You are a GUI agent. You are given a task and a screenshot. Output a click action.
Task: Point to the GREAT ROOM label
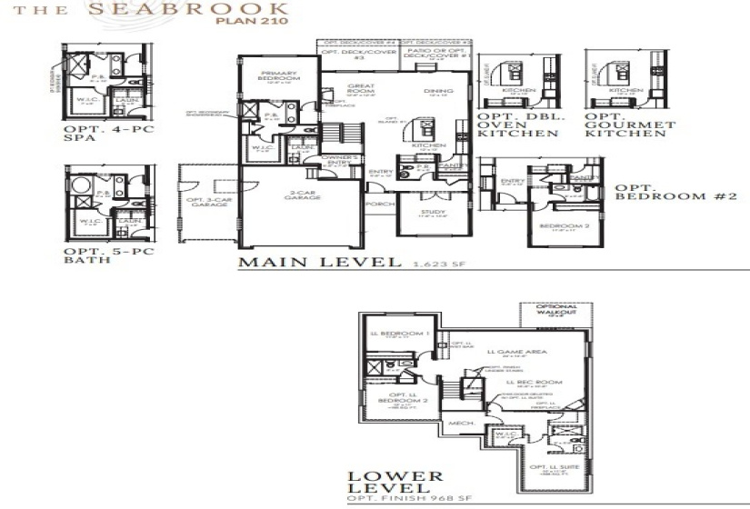coord(361,89)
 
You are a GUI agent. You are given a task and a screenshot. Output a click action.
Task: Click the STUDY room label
coord(432,212)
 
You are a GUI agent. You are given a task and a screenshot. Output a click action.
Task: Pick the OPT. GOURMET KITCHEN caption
coord(630,125)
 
